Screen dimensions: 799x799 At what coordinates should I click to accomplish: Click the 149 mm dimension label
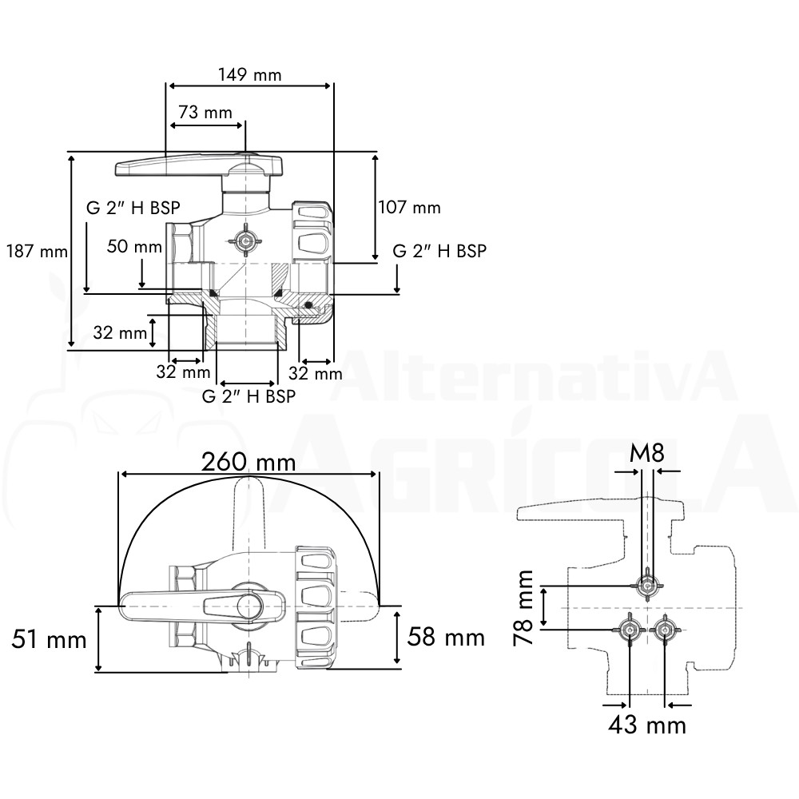249,75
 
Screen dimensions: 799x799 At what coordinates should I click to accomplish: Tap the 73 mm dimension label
205,112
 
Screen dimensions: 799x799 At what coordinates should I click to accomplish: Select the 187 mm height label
37,251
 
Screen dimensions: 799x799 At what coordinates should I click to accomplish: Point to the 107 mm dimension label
409,208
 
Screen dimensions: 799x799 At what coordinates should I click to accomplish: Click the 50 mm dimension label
134,247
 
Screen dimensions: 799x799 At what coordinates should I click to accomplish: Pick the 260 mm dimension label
248,462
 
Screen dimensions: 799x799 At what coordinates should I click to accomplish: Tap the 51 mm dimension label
49,639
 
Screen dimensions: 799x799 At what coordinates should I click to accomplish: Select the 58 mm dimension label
446,637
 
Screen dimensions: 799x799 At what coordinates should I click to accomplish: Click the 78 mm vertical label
523,608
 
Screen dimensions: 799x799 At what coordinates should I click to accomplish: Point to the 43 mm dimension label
647,725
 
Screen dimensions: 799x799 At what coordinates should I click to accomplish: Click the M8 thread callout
647,452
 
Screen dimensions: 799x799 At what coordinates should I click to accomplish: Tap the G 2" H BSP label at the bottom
248,396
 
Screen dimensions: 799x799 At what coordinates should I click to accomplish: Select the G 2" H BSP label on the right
439,251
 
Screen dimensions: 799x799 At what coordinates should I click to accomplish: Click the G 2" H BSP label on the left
133,208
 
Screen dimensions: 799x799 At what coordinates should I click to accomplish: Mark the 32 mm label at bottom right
316,373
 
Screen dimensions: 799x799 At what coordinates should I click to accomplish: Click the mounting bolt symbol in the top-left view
245,240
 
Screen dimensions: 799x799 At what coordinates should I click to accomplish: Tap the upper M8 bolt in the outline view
647,586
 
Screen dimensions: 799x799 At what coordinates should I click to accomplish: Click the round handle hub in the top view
249,606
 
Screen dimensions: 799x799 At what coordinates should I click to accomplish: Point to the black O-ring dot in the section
308,304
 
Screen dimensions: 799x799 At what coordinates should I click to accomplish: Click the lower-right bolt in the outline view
665,630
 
